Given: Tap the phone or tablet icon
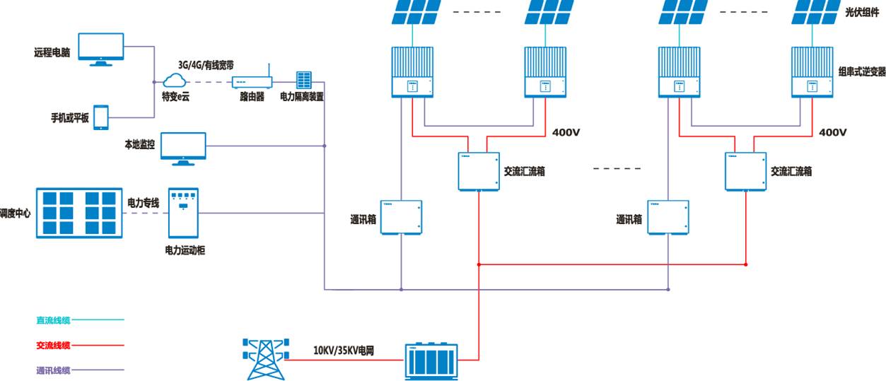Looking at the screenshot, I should (x=101, y=117).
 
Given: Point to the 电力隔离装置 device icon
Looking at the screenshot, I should (x=303, y=80).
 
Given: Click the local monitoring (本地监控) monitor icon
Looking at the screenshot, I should (x=183, y=148).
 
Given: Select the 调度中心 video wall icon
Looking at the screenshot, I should (x=78, y=213).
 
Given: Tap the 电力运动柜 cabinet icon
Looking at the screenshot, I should (x=183, y=213).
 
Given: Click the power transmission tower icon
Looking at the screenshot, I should (x=266, y=358).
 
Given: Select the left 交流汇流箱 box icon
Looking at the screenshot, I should (x=478, y=171).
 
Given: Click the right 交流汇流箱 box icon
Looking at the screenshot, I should (x=745, y=171).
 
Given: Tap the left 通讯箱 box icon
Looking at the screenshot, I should (x=401, y=217).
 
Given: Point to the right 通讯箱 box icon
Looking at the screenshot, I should (x=668, y=217).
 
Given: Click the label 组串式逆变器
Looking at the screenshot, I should (x=861, y=71).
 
